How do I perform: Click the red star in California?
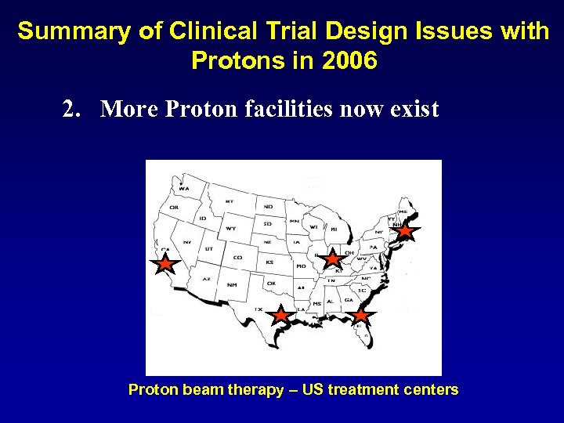165,264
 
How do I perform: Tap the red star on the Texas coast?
280,315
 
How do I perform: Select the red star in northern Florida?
360,315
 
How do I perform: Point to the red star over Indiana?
333,258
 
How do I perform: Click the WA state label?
183,189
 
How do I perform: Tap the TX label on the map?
258,309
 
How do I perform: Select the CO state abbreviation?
238,257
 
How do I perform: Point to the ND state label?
268,207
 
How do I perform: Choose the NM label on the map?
232,284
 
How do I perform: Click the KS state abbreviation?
269,262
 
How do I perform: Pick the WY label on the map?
230,229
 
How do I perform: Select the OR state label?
173,208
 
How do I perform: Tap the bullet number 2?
72,109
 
